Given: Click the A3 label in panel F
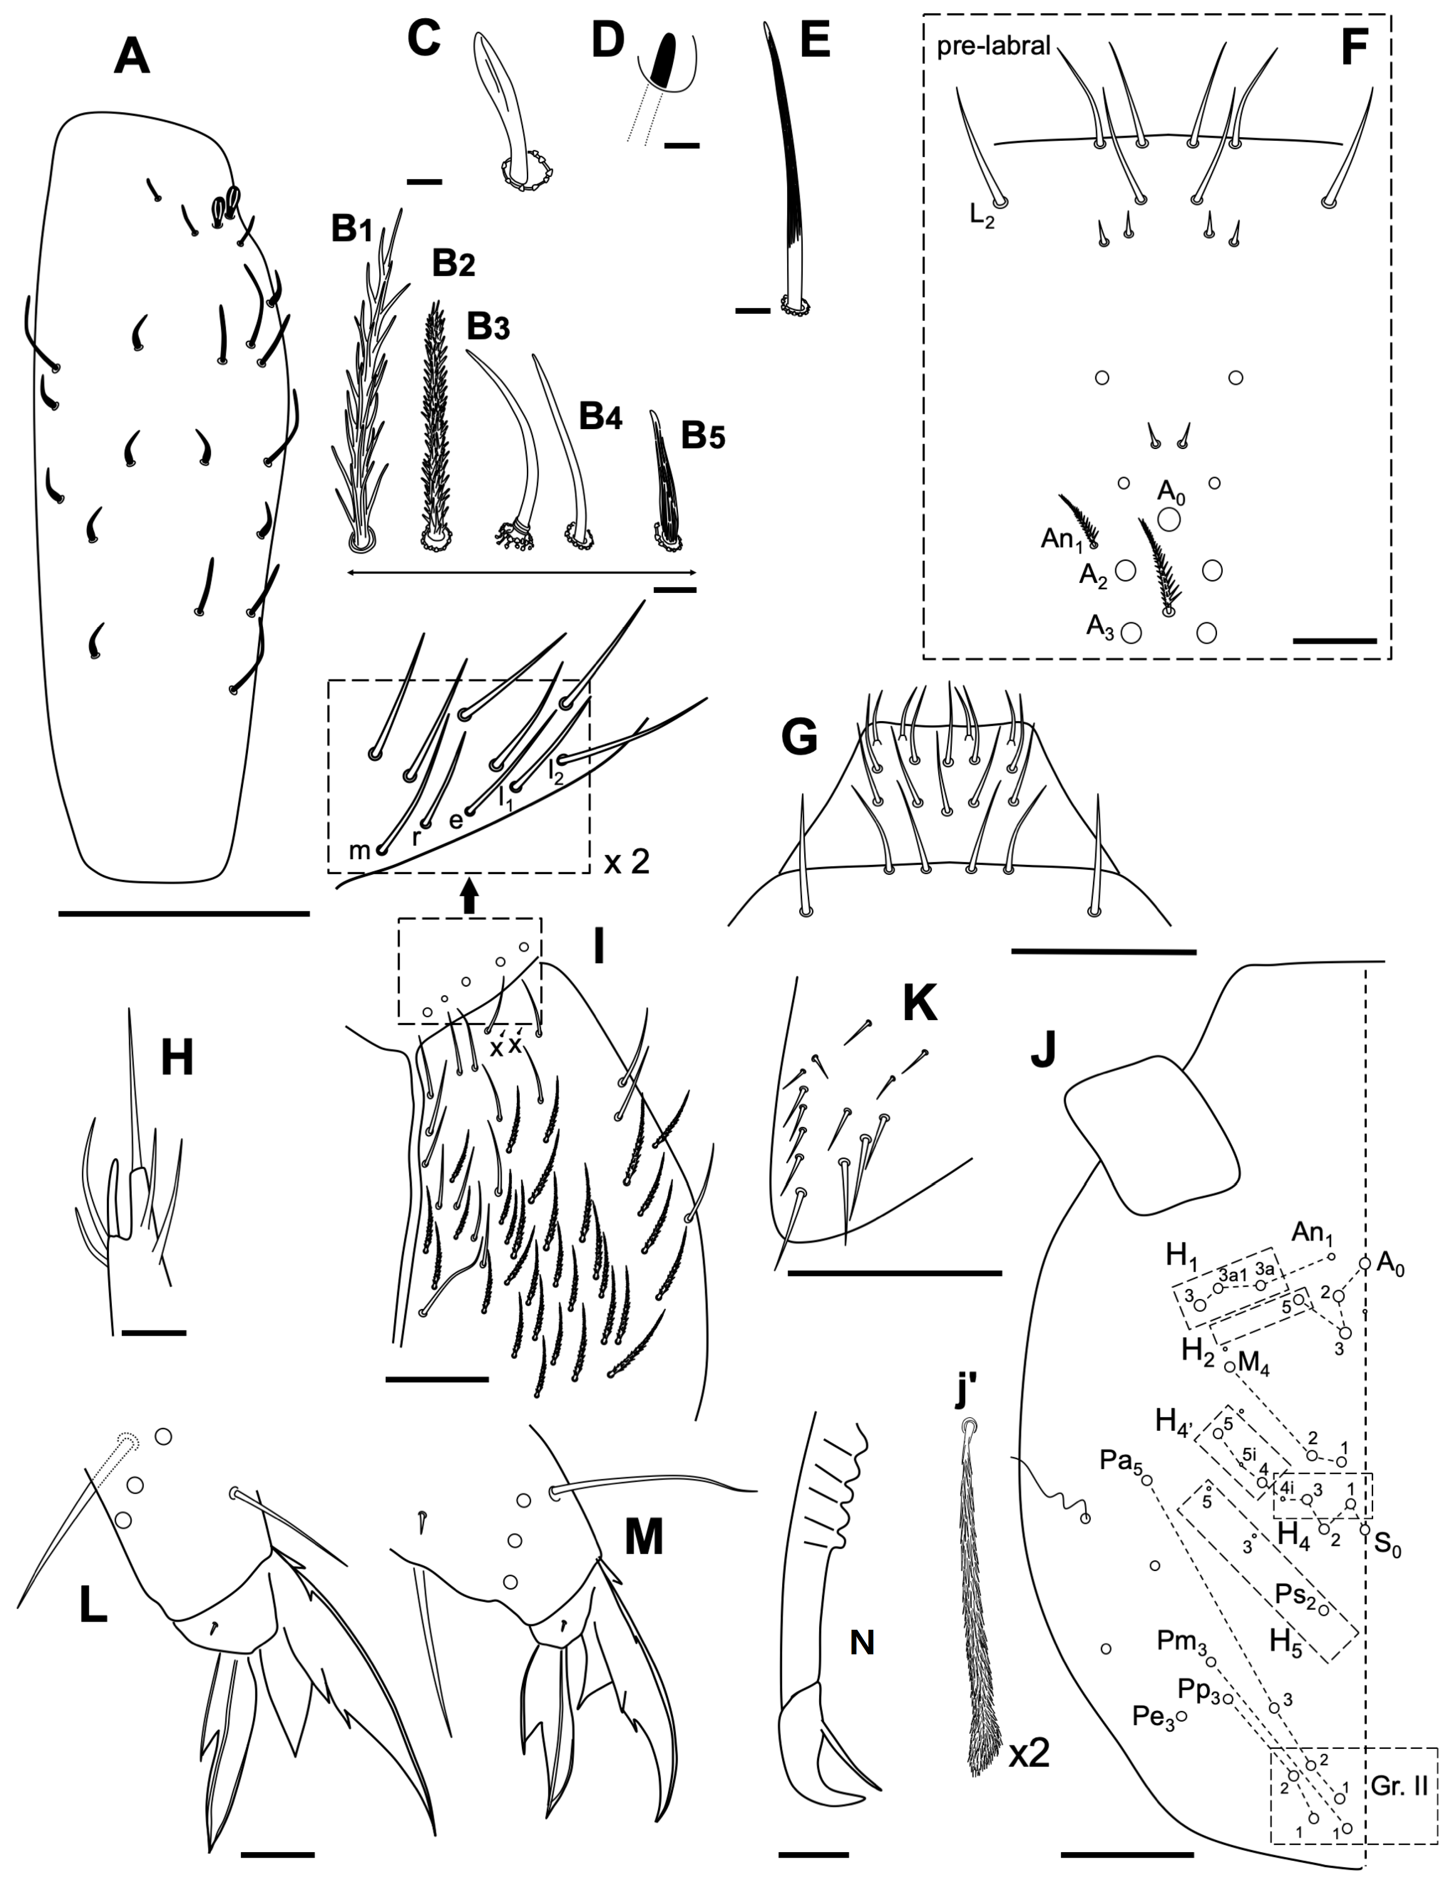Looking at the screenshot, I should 1099,627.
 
